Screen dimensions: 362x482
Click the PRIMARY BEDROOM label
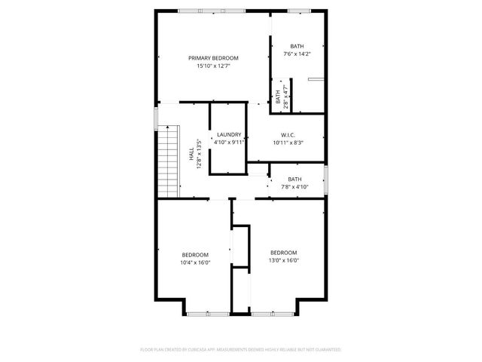tap(213, 58)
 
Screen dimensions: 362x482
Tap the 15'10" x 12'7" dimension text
tap(213, 66)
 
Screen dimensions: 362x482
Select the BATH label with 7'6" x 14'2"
tap(297, 46)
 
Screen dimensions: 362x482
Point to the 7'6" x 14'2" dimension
tap(297, 54)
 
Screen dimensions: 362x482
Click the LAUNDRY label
tap(228, 134)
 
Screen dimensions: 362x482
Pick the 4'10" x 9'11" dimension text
tap(228, 142)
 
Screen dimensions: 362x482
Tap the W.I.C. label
tap(288, 134)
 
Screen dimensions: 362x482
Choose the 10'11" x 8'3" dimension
tap(288, 142)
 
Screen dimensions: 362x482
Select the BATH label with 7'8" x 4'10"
tap(294, 179)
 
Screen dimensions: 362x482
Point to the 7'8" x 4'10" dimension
tap(294, 186)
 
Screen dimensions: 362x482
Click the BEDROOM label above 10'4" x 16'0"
tap(195, 255)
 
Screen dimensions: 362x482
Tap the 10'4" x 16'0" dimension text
tap(195, 263)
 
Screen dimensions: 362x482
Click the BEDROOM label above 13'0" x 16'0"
tap(284, 253)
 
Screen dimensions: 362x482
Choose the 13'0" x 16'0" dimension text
tap(284, 261)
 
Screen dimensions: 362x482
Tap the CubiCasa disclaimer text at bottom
tap(241, 350)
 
